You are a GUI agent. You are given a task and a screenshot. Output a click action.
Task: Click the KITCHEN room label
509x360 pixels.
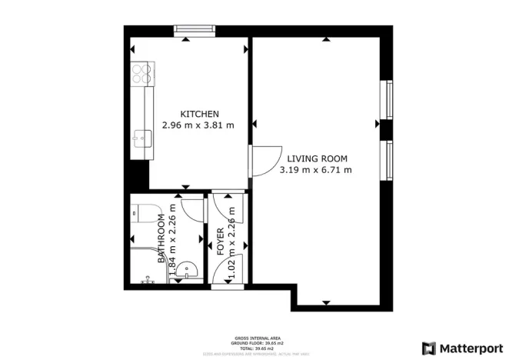click(199, 114)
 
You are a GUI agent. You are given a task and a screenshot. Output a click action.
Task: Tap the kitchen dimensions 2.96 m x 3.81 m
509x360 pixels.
click(198, 125)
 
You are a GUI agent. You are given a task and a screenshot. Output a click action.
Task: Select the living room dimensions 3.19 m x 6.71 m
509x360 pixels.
click(315, 169)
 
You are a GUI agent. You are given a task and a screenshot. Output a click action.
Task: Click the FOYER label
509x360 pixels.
click(221, 241)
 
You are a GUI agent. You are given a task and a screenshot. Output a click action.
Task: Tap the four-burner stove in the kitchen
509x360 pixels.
click(141, 73)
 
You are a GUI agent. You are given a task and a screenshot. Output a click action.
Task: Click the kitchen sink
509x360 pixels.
click(141, 138)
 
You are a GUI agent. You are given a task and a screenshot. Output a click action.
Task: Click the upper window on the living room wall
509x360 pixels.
click(389, 98)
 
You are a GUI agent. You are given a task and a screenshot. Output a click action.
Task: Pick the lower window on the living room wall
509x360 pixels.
click(389, 161)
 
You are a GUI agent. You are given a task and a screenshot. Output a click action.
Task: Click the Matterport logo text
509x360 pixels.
click(466, 347)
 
